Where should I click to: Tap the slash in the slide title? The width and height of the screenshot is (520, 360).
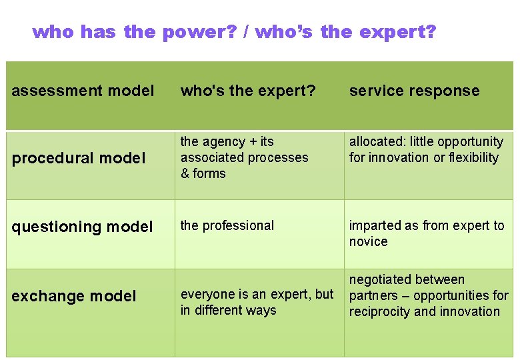coord(247,32)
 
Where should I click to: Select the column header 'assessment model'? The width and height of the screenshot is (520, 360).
coord(83,91)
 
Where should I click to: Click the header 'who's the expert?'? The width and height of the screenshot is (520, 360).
coord(248,91)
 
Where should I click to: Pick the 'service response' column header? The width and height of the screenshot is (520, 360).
coord(414,91)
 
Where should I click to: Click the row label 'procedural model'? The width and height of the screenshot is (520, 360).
coord(78,158)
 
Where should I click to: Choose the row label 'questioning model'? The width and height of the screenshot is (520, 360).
coord(82,227)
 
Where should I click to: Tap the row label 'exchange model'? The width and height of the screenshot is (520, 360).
coord(73,296)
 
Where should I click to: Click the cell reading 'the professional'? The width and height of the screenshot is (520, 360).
coord(227,225)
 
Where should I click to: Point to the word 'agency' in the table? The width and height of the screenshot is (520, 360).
coord(225,142)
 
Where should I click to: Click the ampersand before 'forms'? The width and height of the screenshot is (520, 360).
coord(185,173)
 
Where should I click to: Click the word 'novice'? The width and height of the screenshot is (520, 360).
coord(368,241)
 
